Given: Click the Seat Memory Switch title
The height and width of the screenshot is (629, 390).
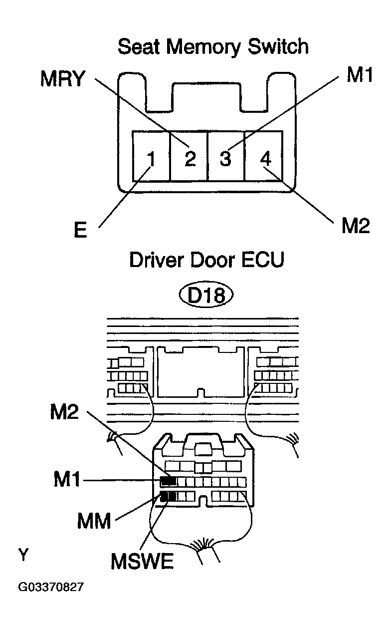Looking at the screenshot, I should (213, 47).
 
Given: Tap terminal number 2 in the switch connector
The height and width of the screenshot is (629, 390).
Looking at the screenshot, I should (190, 159).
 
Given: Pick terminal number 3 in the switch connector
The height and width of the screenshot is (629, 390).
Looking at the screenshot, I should (225, 159).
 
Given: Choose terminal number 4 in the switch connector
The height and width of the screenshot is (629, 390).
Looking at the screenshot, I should (265, 159).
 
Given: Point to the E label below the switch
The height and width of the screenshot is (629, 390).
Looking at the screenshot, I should (80, 232).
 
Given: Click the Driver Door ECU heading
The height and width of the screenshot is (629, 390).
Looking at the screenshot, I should (207, 260).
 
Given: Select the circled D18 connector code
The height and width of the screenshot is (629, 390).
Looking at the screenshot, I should (206, 296).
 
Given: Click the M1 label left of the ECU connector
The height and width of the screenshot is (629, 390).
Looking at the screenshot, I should (67, 481).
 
